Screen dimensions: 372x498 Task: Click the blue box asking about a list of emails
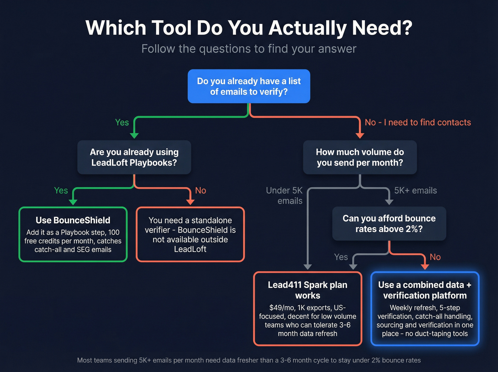(x=249, y=86)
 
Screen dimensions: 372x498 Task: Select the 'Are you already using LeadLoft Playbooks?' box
(x=134, y=157)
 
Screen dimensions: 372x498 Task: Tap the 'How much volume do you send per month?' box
(x=360, y=157)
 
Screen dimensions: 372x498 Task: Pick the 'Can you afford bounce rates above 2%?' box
(x=389, y=223)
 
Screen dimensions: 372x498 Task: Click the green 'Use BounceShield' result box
(x=73, y=234)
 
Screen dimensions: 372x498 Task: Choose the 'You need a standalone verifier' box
(x=190, y=234)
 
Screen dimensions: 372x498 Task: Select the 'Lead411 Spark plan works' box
(x=307, y=308)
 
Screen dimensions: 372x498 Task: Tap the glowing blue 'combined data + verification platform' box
(x=425, y=308)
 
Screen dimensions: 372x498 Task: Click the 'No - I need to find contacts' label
(x=418, y=122)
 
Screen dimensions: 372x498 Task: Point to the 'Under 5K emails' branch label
(x=284, y=195)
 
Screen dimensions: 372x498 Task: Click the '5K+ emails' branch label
(x=415, y=190)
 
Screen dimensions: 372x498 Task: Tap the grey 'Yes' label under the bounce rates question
(x=341, y=257)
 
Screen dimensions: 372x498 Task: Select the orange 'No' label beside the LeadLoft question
(x=201, y=190)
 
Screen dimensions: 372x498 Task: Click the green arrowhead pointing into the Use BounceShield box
(x=73, y=202)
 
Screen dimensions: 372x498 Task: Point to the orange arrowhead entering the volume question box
(x=360, y=135)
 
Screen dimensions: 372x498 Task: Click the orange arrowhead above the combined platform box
(x=424, y=267)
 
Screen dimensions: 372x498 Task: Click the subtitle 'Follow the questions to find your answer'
(x=249, y=49)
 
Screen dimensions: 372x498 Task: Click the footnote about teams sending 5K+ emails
(x=249, y=360)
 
